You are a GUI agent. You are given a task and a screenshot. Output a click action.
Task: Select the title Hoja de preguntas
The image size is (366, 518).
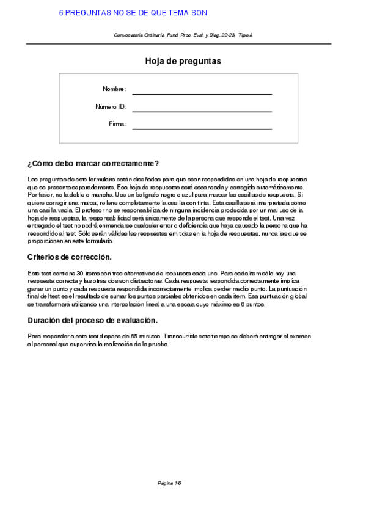coord(183,61)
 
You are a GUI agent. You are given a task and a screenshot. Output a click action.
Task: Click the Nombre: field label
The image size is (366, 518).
coord(114,89)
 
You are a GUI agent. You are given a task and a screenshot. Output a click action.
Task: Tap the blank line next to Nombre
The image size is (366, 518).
coord(202,94)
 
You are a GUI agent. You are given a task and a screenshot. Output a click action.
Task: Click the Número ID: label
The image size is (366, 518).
coord(111,107)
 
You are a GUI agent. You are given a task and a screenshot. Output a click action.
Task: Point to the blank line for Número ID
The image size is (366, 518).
coord(202,112)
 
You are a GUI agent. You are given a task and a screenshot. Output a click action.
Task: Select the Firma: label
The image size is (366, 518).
coord(117,124)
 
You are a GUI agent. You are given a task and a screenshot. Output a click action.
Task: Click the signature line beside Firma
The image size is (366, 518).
coord(202,129)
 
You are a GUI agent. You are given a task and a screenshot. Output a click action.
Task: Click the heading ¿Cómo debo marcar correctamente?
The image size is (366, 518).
coord(93,164)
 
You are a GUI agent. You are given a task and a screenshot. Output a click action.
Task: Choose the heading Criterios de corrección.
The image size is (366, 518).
coord(70,257)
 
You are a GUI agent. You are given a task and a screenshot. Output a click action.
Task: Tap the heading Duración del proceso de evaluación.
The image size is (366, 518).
coord(93,321)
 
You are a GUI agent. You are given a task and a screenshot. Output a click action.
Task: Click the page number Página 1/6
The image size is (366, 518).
coord(170,483)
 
